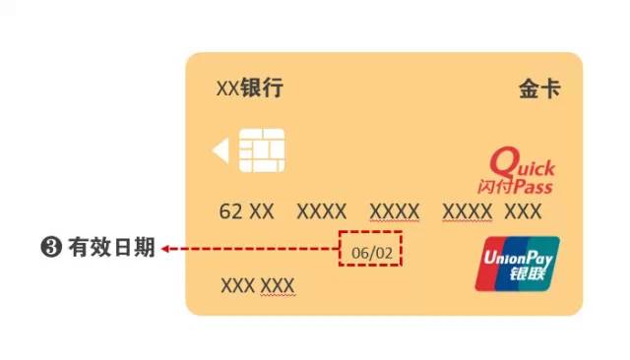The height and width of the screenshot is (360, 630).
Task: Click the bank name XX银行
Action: pyautogui.click(x=249, y=89)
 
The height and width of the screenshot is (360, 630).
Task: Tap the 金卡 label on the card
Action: pyautogui.click(x=539, y=89)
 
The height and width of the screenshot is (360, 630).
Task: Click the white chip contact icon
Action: pyautogui.click(x=262, y=150)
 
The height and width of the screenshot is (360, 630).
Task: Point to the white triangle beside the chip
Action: pyautogui.click(x=220, y=150)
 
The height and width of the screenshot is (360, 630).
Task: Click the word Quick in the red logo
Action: pyautogui.click(x=524, y=163)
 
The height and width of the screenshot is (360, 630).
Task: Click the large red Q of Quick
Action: pyautogui.click(x=503, y=161)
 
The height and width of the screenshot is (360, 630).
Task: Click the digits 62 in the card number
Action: pyautogui.click(x=230, y=211)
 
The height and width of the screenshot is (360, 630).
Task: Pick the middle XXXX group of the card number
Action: pyautogui.click(x=394, y=211)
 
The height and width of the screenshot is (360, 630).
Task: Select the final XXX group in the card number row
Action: pyautogui.click(x=523, y=211)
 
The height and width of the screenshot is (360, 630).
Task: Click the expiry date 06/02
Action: pyautogui.click(x=372, y=253)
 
